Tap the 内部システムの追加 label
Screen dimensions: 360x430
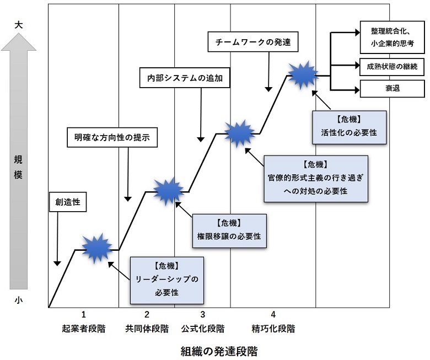[184, 78]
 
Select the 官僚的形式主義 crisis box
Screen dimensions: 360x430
[316, 178]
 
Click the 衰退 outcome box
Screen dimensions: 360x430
[392, 88]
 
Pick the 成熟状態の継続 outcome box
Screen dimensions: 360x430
[392, 66]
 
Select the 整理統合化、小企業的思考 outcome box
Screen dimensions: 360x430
[392, 36]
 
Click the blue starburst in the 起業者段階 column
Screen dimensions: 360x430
[97, 249]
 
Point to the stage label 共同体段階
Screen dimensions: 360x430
[147, 329]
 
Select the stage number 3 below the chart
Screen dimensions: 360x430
[203, 315]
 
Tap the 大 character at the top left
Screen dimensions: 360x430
[19, 25]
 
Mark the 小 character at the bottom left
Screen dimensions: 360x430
[19, 300]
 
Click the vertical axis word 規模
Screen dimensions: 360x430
[19, 165]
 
